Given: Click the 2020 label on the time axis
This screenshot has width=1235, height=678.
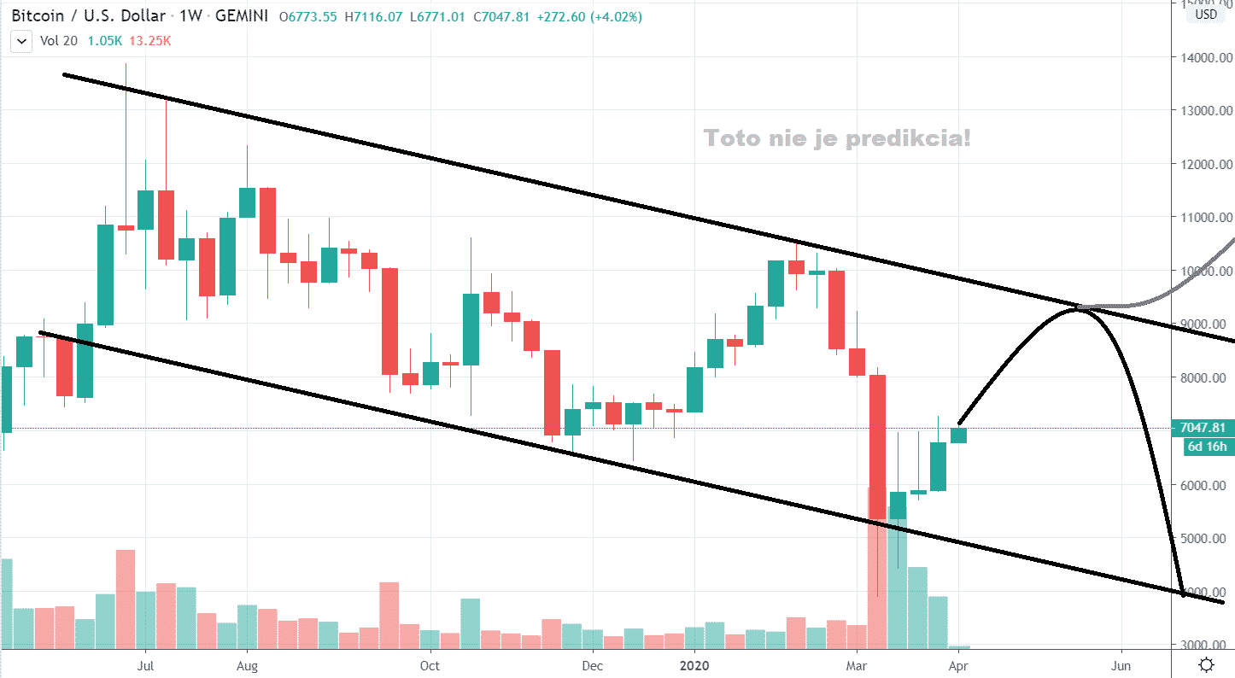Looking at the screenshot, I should tap(695, 664).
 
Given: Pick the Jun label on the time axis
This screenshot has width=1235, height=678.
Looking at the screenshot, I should tap(1122, 664).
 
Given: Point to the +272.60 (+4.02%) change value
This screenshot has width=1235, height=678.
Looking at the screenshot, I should tap(589, 17).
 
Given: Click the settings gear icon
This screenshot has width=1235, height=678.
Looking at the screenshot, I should tap(1206, 664).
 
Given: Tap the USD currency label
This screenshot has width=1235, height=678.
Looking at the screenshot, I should tap(1206, 14).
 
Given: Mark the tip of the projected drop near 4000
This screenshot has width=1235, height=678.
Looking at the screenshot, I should tap(1184, 593).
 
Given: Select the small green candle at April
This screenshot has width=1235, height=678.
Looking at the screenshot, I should tap(958, 435).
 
